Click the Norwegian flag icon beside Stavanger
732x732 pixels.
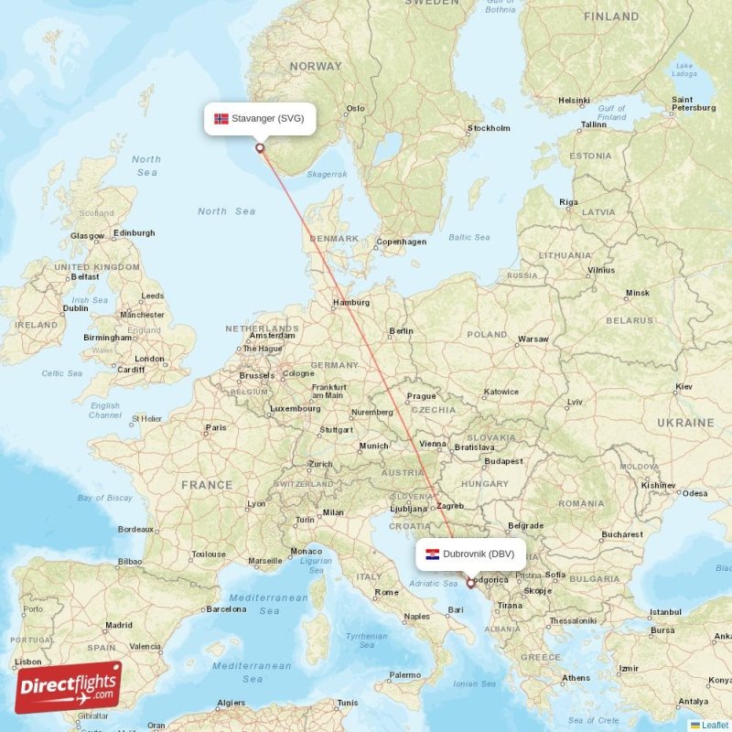[x=221, y=118]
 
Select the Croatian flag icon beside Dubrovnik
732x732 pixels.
[x=433, y=554]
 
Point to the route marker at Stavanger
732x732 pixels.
[x=260, y=147]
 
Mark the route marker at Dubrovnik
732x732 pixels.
[x=471, y=583]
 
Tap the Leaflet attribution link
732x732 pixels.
[x=714, y=725]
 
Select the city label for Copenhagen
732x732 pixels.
[x=403, y=242]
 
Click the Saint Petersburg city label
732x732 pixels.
[x=693, y=103]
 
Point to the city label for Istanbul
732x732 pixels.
[x=665, y=611]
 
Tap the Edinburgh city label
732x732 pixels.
[x=134, y=233]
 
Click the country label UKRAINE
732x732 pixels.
[x=684, y=423]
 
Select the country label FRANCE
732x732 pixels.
[x=206, y=485]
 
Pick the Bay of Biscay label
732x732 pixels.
[x=105, y=498]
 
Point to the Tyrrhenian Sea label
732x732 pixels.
[x=366, y=640]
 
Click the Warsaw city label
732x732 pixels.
[x=533, y=339]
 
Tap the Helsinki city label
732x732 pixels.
[x=574, y=101]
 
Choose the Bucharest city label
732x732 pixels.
[x=622, y=533]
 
